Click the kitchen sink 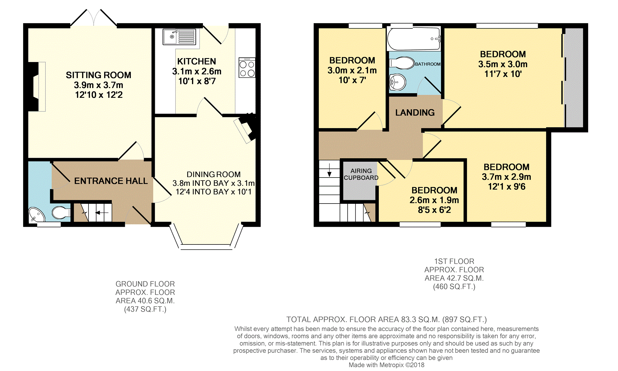coord(179,37)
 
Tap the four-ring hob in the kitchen coord(247,68)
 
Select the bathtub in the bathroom coord(414,39)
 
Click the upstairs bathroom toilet coord(402,63)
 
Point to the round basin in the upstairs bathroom coord(398,82)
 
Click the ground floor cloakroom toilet coord(61,213)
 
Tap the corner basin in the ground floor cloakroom coord(36,215)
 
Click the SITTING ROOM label coord(99,75)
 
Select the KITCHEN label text coord(197,61)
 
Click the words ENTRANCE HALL coord(111,181)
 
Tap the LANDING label coord(415,112)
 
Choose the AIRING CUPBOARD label coord(361,174)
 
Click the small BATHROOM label coord(428,64)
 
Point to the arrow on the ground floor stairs coord(102,213)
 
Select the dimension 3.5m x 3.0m coord(503,64)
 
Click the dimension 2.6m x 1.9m coord(434,200)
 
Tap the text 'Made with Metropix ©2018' coord(386,365)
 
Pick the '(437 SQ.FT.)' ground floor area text coord(145,309)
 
